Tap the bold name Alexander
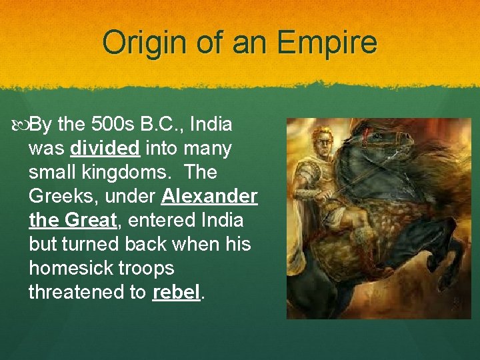coord(209,197)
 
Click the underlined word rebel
coord(176,293)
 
